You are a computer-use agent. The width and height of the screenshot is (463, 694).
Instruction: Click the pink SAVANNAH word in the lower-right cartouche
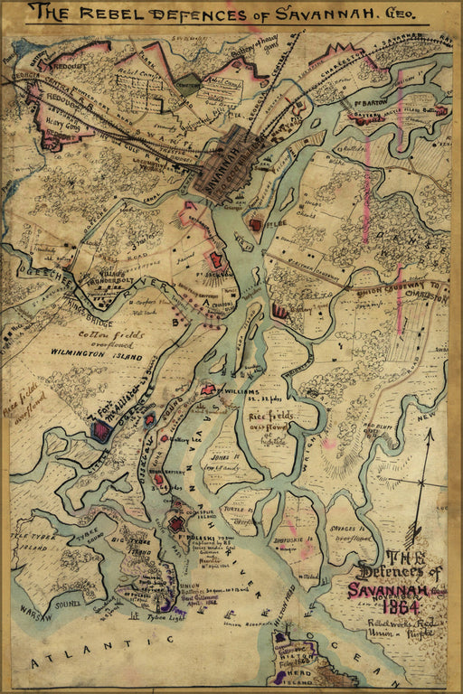click(x=386, y=589)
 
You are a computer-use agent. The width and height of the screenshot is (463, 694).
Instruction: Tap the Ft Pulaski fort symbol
click(x=175, y=523)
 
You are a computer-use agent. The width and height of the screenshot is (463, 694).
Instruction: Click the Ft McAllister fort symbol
click(x=101, y=432)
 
